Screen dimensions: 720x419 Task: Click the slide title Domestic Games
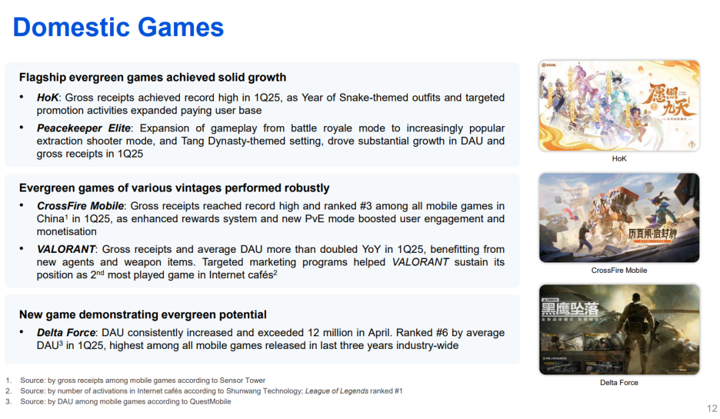pos(118,27)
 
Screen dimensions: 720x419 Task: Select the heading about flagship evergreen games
pos(153,77)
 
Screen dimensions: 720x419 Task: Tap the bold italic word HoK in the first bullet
pos(48,97)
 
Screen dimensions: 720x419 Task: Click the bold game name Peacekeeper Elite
pos(83,128)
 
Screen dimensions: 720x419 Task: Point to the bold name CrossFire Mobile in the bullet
pos(81,205)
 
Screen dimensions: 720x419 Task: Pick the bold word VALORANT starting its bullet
pos(66,249)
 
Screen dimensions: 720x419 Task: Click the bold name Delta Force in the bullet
pos(66,333)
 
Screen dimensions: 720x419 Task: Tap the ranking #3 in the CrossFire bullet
pos(365,205)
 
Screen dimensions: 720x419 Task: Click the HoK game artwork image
pos(619,105)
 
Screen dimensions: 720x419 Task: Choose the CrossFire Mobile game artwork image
pos(619,218)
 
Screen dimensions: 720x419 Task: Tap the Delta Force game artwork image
pos(619,330)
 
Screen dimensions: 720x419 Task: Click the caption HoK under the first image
pos(619,159)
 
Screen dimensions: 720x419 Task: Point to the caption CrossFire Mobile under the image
pos(619,271)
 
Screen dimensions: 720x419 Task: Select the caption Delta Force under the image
pos(619,383)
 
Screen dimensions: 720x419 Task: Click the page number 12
pos(712,408)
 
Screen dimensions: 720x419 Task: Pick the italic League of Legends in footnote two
pos(337,391)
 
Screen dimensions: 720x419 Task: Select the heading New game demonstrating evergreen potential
pos(143,315)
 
